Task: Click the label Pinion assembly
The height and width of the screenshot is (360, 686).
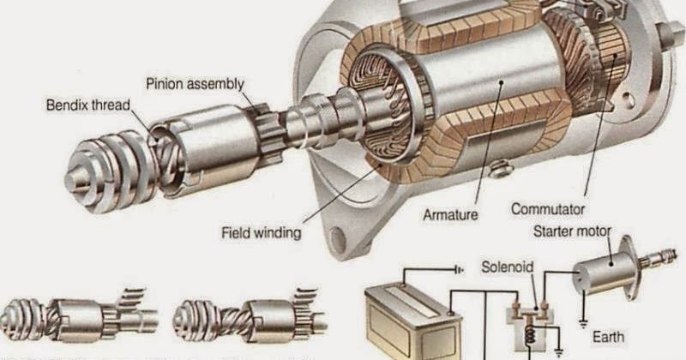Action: [x=194, y=84]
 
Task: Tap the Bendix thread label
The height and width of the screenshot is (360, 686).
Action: [x=87, y=106]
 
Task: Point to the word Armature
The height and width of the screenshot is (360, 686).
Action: [x=449, y=215]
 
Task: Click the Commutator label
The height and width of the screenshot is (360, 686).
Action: [x=547, y=208]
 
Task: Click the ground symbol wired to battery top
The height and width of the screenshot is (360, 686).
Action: [x=459, y=268]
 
